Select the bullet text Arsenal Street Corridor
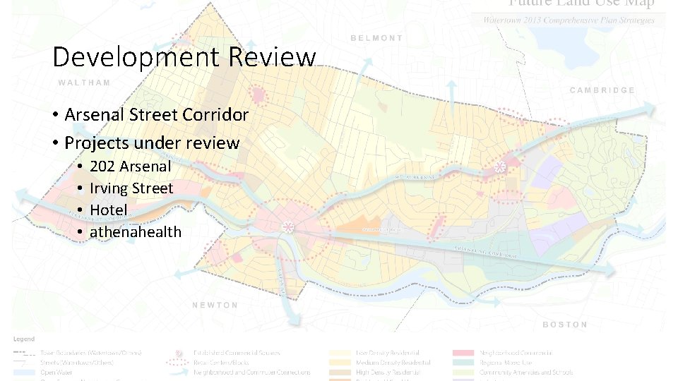click(156, 114)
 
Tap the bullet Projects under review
click(152, 143)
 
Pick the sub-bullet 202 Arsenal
click(130, 167)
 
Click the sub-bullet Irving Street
click(131, 188)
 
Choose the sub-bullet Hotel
click(108, 210)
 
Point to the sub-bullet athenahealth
click(135, 232)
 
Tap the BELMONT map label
click(376, 38)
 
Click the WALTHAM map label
click(84, 83)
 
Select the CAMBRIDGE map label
click(602, 90)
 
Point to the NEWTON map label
click(215, 305)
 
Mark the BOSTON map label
click(564, 325)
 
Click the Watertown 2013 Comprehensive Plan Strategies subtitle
click(569, 20)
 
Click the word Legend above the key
click(23, 339)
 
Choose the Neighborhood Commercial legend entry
click(516, 353)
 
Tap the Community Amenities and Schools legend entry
click(526, 372)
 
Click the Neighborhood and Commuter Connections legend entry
click(253, 372)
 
